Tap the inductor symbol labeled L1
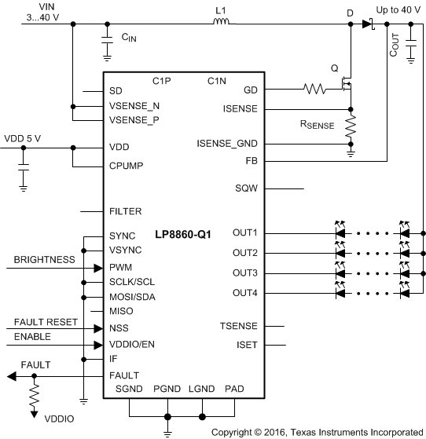[x=220, y=23]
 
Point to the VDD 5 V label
[x=24, y=138]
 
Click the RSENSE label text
[x=317, y=125]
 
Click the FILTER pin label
[x=126, y=212]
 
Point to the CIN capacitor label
[x=130, y=37]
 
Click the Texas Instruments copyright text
[x=317, y=432]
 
